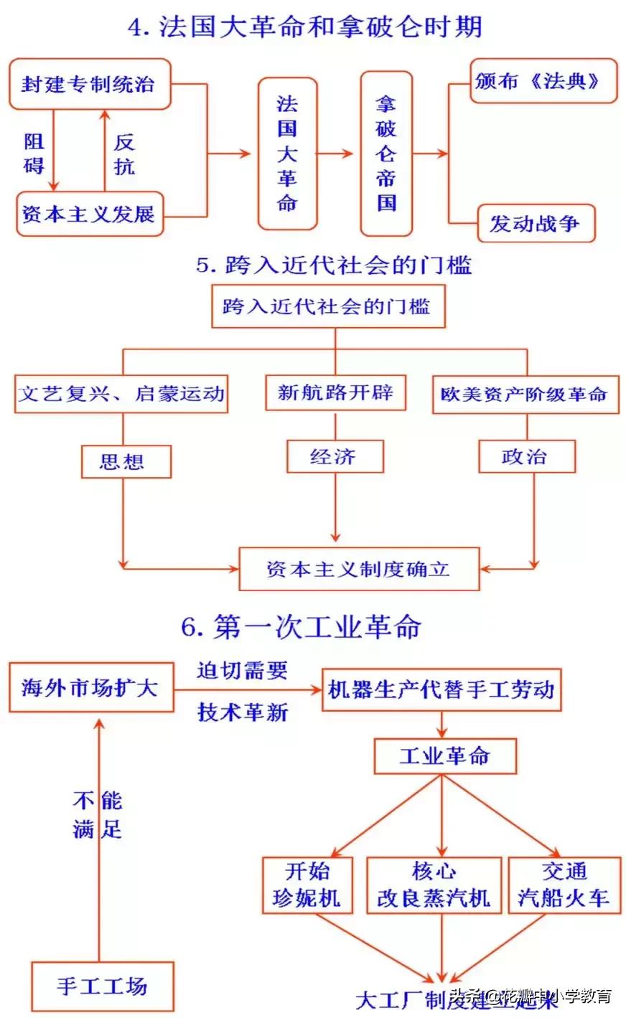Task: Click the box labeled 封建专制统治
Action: tap(89, 85)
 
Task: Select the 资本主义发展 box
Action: tap(89, 214)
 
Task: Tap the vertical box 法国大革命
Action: tap(287, 154)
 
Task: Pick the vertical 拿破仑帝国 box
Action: tap(386, 154)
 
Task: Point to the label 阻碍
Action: tap(34, 154)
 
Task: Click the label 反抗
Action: tap(124, 154)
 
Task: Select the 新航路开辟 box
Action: tap(335, 392)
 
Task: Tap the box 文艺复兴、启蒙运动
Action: tap(121, 393)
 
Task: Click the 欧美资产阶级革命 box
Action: tap(525, 394)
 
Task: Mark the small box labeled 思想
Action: tap(125, 461)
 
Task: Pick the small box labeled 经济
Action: tap(335, 456)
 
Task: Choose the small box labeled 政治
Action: tap(526, 456)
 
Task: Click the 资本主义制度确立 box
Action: tap(358, 569)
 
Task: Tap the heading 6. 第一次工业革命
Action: tap(302, 626)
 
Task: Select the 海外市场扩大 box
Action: tap(90, 688)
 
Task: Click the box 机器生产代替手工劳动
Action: tap(441, 690)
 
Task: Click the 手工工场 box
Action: tap(102, 986)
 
